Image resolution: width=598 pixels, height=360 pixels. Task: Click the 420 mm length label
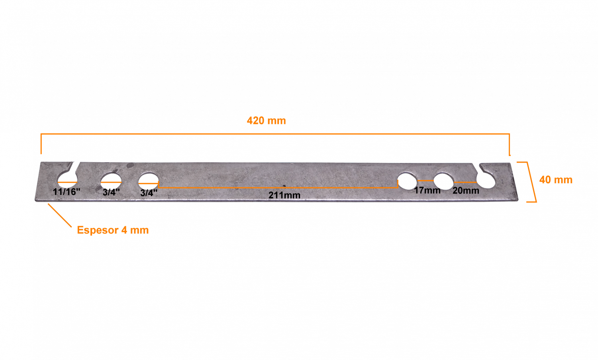click(266, 121)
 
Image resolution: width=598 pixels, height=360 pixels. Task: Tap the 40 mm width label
click(556, 180)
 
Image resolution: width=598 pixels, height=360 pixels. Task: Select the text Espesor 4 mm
click(113, 230)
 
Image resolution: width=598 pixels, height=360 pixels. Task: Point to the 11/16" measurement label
click(67, 192)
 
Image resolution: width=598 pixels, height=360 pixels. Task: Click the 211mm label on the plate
click(284, 195)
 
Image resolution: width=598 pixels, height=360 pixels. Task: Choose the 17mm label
click(427, 191)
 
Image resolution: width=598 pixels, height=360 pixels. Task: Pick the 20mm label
click(466, 191)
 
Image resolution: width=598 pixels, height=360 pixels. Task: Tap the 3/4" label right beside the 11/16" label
click(111, 192)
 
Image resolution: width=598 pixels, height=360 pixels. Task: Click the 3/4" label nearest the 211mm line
click(149, 193)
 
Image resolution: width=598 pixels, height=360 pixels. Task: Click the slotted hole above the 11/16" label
click(68, 179)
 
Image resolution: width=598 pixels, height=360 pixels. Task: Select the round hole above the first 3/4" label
click(111, 182)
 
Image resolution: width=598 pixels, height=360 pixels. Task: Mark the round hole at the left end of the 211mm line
click(149, 181)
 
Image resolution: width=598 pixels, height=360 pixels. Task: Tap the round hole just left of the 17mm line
click(407, 181)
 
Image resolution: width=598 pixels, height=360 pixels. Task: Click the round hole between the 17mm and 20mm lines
click(443, 181)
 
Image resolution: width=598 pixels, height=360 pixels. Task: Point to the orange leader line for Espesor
click(60, 216)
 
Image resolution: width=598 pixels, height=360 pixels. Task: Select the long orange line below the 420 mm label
click(275, 134)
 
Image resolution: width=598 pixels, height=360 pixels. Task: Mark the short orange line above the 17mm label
click(425, 181)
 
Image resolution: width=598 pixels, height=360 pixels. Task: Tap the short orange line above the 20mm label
click(465, 183)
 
